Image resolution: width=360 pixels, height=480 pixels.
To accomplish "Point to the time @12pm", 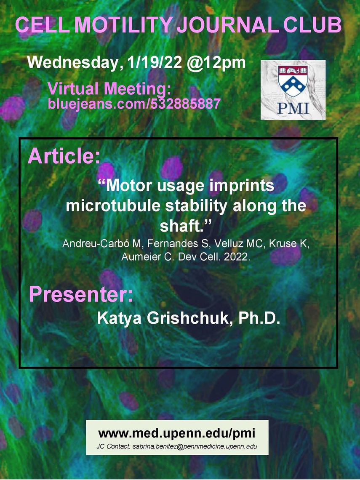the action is pyautogui.click(x=216, y=63).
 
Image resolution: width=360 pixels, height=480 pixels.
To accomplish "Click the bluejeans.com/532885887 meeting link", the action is pyautogui.click(x=134, y=104).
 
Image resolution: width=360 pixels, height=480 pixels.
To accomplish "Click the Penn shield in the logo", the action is pyautogui.click(x=293, y=81).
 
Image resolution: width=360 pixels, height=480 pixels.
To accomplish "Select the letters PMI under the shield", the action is pyautogui.click(x=293, y=108).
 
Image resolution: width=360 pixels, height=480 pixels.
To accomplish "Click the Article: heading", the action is pyautogui.click(x=64, y=156).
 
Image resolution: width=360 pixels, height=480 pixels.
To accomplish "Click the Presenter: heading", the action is pyautogui.click(x=81, y=294).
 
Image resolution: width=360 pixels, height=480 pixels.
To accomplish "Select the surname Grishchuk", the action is pyautogui.click(x=188, y=318).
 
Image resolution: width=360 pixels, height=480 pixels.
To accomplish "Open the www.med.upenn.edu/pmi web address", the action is pyautogui.click(x=177, y=433).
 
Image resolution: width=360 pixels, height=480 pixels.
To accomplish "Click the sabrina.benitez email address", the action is pyautogui.click(x=195, y=446).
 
